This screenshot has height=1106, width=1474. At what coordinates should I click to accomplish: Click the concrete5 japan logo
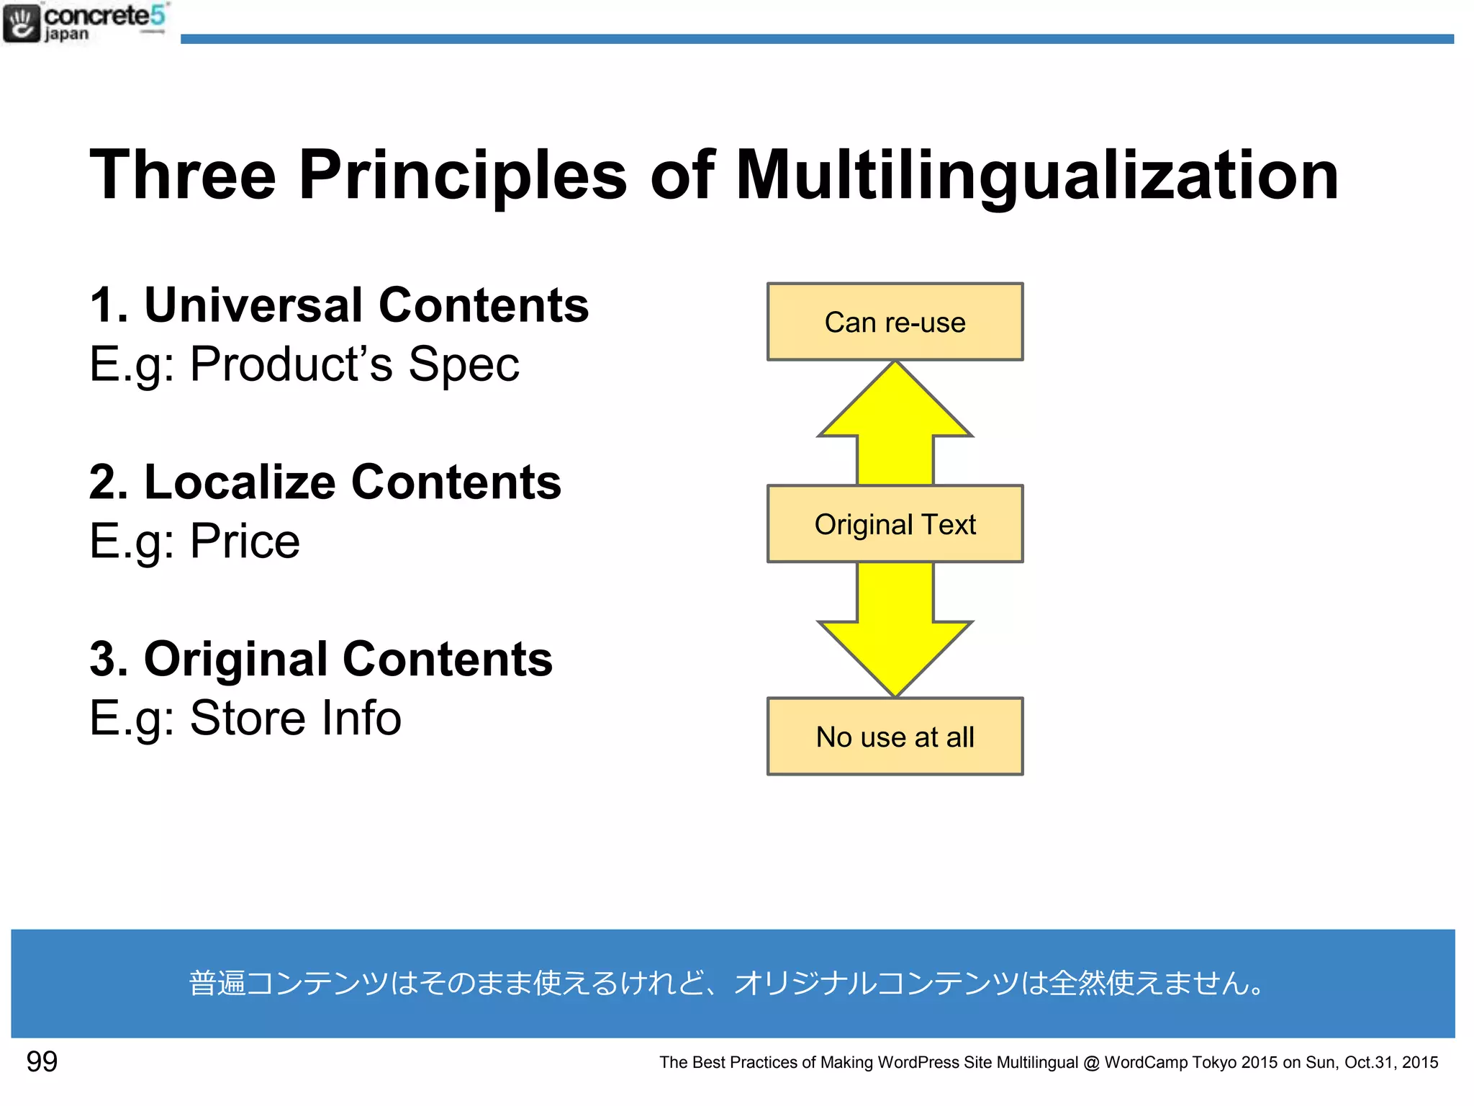click(x=85, y=23)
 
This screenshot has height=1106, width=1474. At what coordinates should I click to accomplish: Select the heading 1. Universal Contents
click(x=339, y=305)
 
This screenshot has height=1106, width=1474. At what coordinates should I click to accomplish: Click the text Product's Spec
click(x=354, y=364)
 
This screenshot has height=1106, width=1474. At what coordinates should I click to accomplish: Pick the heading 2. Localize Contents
click(x=325, y=482)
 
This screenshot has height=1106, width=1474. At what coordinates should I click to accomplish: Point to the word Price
click(x=245, y=541)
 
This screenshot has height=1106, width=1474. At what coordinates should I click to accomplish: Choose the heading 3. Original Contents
click(x=321, y=659)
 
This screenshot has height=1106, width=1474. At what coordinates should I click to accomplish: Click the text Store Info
click(x=295, y=718)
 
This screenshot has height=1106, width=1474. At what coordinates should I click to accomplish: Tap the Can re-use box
click(x=895, y=322)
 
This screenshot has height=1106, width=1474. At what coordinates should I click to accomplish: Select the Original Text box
click(x=895, y=524)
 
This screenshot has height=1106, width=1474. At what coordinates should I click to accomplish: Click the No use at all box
click(x=895, y=737)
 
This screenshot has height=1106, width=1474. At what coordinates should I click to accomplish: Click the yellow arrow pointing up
click(x=895, y=425)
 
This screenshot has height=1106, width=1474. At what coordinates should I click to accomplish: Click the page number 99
click(x=42, y=1061)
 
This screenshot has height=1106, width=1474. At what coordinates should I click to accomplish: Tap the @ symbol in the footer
click(x=1091, y=1063)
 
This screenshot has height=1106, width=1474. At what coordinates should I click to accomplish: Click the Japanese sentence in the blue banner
click(x=727, y=984)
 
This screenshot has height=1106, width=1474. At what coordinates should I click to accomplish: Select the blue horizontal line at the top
click(x=817, y=39)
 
